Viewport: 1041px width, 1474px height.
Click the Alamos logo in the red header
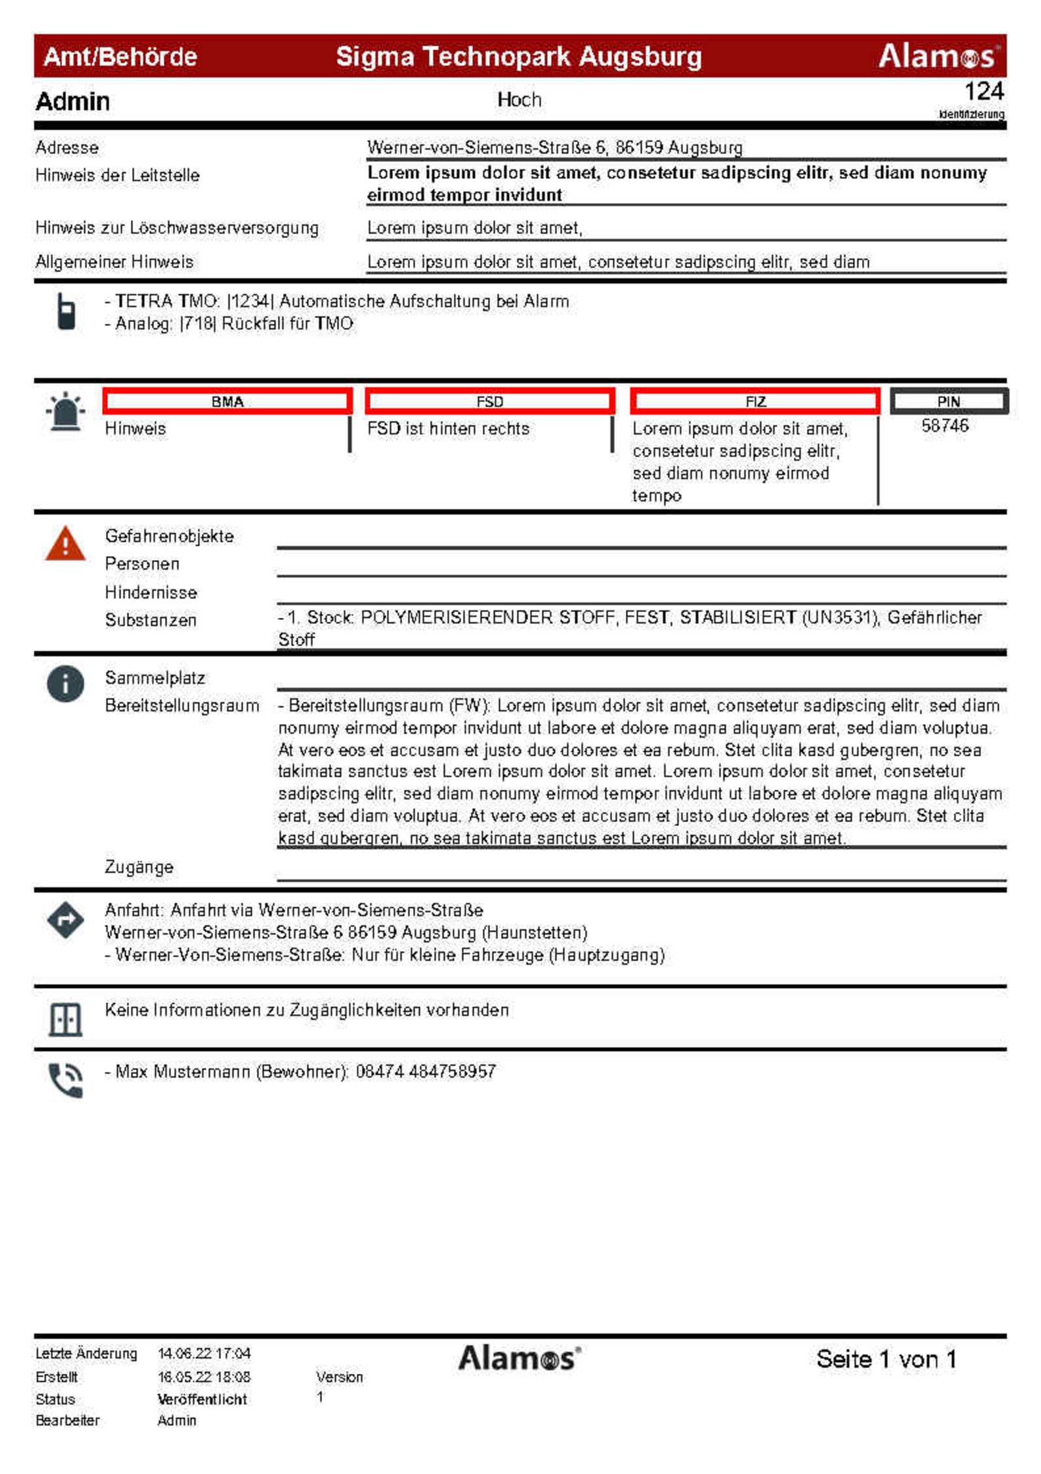click(x=938, y=56)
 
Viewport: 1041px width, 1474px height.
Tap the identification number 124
click(x=983, y=92)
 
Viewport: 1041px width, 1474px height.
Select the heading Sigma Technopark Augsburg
click(x=519, y=57)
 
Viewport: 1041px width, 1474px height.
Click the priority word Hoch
click(x=519, y=100)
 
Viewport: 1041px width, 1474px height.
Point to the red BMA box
click(x=227, y=401)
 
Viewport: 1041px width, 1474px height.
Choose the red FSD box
click(x=490, y=401)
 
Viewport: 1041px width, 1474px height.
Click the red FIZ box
click(x=755, y=401)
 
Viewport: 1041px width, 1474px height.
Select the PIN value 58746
click(x=945, y=426)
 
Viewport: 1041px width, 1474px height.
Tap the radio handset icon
click(x=66, y=312)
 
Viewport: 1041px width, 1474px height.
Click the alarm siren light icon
click(x=65, y=412)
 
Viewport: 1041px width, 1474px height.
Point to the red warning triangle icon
click(x=65, y=544)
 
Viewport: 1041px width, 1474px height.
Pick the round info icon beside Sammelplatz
click(x=65, y=684)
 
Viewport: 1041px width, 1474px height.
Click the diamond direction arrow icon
click(x=65, y=920)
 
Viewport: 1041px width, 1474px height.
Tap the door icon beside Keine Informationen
click(x=65, y=1019)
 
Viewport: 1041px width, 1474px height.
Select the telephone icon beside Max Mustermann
click(x=66, y=1080)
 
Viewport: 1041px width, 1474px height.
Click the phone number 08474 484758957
click(x=426, y=1071)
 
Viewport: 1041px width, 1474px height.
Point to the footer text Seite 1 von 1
click(x=886, y=1359)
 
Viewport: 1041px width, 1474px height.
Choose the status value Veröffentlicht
click(x=202, y=1399)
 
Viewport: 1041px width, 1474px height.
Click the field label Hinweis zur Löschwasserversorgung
click(x=177, y=228)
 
